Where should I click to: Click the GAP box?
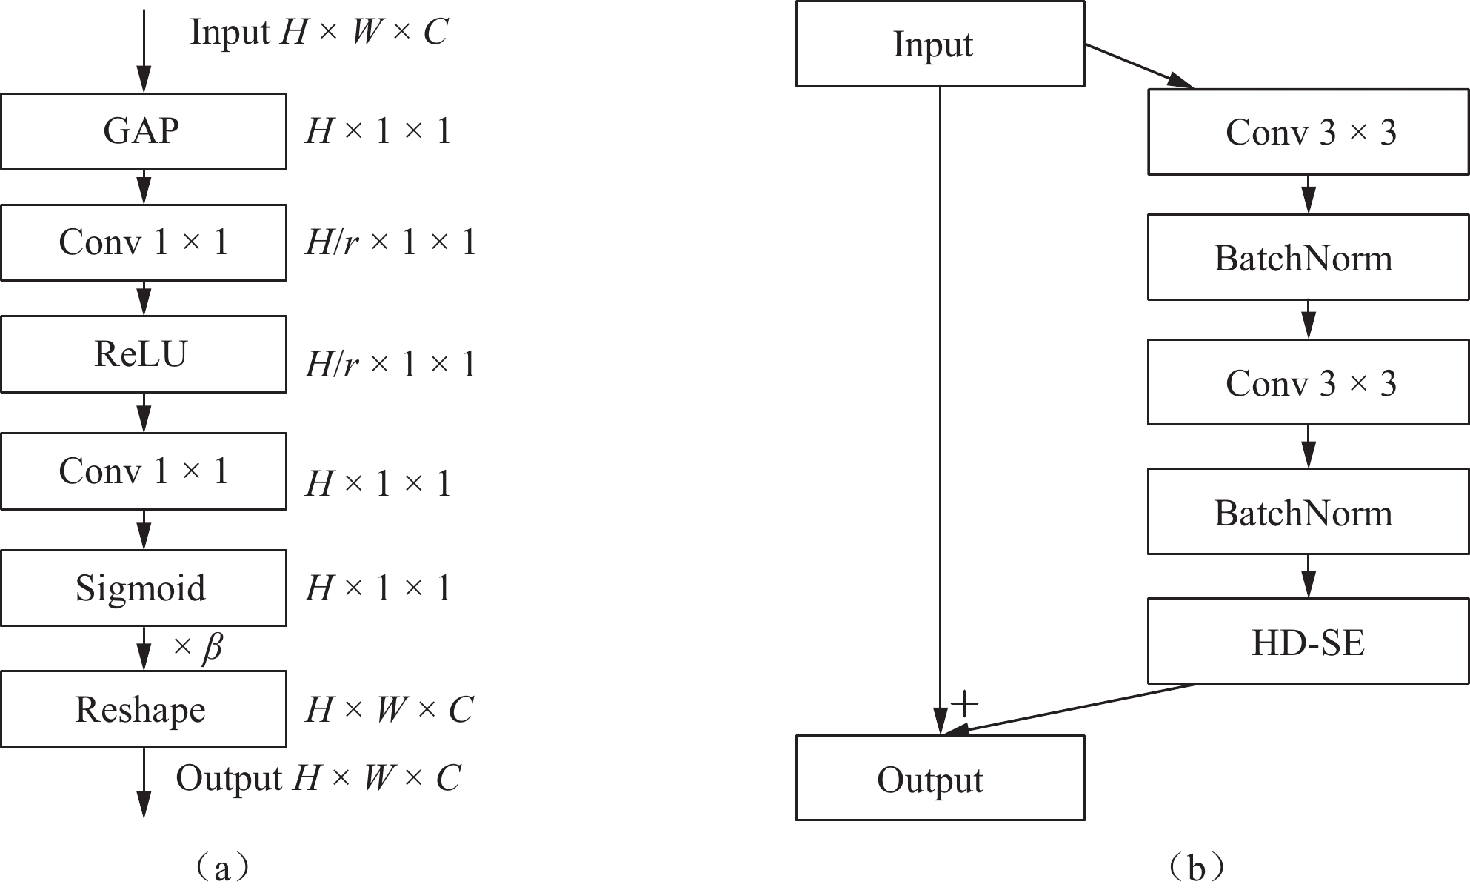pos(143,131)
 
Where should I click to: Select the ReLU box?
pos(143,354)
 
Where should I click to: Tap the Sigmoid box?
pos(143,588)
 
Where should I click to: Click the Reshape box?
pos(143,709)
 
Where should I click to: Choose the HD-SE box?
pos(1308,642)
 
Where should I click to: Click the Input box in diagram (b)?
pos(940,44)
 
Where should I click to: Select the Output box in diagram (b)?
pos(940,778)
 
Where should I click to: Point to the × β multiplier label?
pos(198,647)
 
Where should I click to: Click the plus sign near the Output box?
pos(963,703)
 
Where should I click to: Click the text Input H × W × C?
pos(319,33)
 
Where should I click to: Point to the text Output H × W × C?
pos(318,778)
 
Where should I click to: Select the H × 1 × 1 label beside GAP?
pos(378,132)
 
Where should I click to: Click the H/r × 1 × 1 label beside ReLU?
pos(390,364)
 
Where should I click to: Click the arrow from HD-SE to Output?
pos(1074,708)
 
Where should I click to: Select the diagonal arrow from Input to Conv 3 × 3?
pos(1139,66)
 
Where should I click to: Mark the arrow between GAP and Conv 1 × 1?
pos(144,187)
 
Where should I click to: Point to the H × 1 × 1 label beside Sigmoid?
pos(378,588)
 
